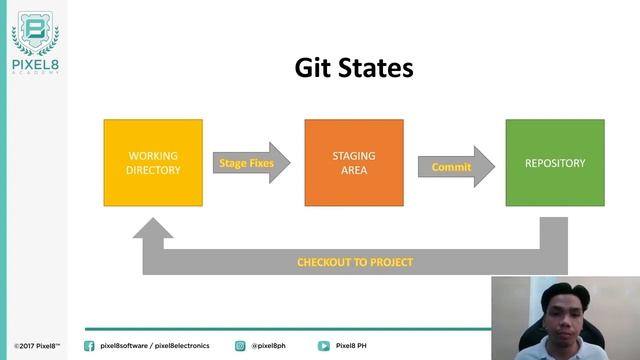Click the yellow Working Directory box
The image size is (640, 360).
point(153,163)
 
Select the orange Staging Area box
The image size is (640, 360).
point(354,163)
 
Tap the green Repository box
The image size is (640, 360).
point(554,163)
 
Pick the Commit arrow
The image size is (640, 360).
point(455,167)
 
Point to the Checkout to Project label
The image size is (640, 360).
point(355,262)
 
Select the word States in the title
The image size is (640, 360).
point(377,68)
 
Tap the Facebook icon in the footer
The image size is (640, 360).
point(89,346)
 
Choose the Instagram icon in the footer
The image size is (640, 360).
point(240,346)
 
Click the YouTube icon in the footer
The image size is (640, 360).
point(324,346)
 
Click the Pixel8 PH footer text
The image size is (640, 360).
point(353,346)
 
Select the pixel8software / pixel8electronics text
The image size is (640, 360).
point(155,346)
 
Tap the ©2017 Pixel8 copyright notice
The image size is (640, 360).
point(37,346)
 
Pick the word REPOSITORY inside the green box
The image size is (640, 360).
point(554,163)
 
